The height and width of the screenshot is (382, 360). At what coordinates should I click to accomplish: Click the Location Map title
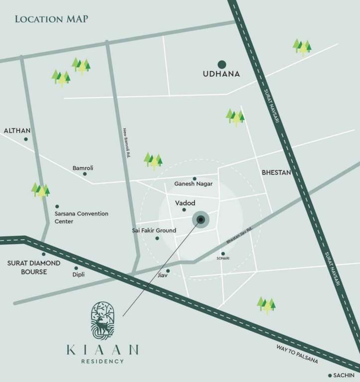[x=51, y=19]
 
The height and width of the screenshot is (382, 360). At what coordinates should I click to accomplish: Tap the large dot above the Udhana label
[x=222, y=64]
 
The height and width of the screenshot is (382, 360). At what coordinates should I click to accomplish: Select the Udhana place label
[x=222, y=74]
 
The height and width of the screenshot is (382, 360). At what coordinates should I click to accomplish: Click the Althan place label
[x=17, y=131]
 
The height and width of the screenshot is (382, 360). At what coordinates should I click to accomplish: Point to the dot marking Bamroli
[x=85, y=174]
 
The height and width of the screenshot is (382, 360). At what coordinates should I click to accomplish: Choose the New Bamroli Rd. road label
[x=126, y=143]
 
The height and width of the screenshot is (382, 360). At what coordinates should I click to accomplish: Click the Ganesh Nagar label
[x=194, y=184]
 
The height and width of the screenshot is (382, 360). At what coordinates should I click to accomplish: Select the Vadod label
[x=185, y=203]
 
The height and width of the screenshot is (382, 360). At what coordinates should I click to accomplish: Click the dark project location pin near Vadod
[x=201, y=219]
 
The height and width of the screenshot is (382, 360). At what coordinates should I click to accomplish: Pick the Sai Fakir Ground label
[x=154, y=231]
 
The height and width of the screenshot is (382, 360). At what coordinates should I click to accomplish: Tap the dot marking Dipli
[x=76, y=268]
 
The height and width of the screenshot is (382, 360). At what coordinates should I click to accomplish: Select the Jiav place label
[x=162, y=275]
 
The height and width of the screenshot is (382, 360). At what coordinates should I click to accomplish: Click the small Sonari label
[x=223, y=259]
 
